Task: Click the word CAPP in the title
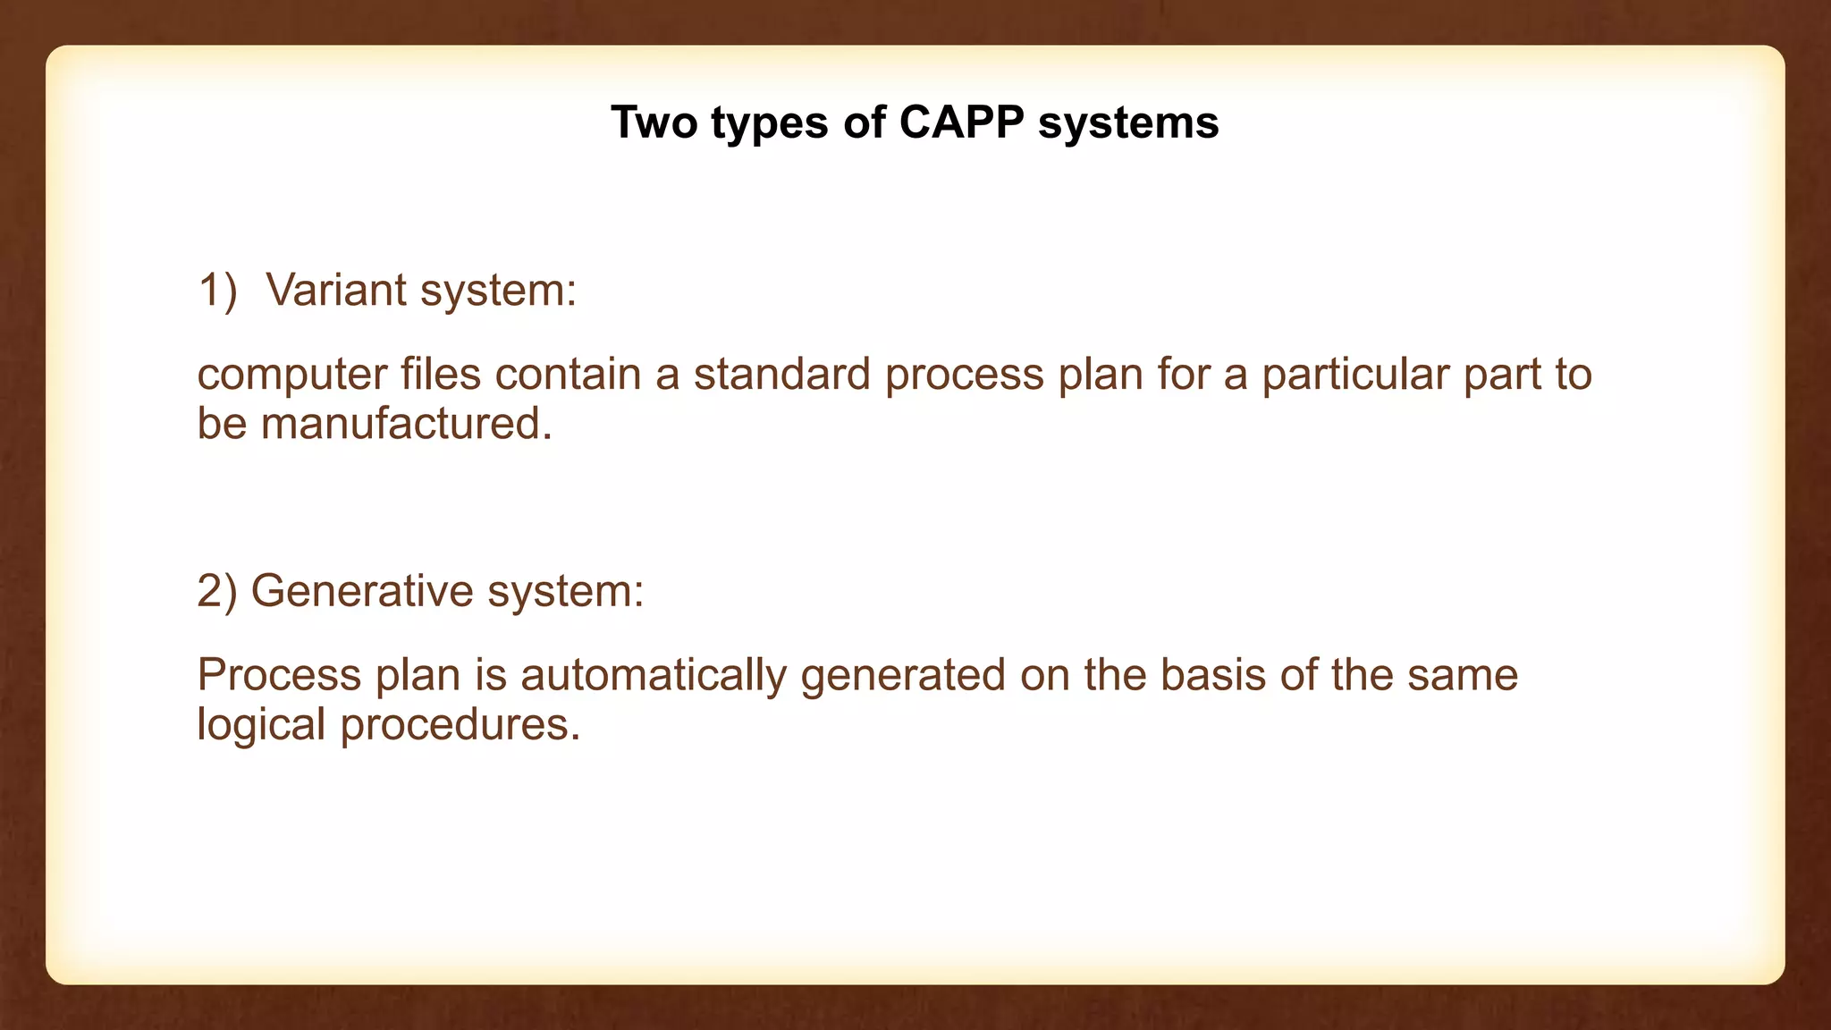coord(960,122)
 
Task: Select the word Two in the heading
coord(654,122)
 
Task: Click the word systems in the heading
coord(1128,124)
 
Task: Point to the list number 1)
coord(217,291)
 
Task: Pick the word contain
coord(568,374)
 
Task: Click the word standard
coord(781,374)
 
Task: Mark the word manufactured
coord(405,424)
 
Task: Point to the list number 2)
coord(216,592)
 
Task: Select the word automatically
coord(653,676)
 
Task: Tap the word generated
coord(903,676)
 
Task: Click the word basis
coord(1212,675)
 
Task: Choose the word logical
coord(260,725)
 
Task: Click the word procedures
coord(460,725)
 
